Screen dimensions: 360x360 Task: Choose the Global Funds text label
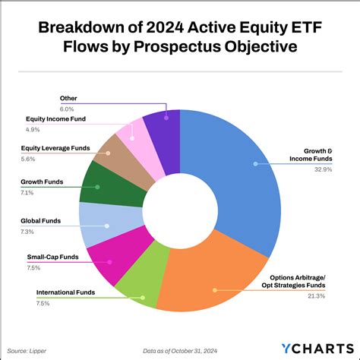[x=40, y=220]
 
